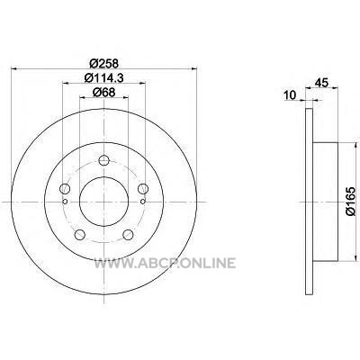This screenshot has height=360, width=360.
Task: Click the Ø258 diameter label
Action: [104, 64]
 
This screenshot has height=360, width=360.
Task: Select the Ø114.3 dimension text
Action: [104, 78]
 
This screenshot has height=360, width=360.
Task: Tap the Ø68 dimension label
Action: [104, 93]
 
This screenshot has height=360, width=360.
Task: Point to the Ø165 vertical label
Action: [350, 201]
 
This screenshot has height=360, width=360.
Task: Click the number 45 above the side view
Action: [321, 82]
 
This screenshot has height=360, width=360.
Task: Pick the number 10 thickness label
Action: [290, 95]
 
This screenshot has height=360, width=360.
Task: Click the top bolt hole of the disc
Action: [103, 160]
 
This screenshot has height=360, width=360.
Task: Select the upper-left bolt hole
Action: [65, 189]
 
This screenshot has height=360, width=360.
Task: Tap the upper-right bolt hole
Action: [143, 189]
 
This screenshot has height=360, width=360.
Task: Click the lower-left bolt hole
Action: [80, 235]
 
